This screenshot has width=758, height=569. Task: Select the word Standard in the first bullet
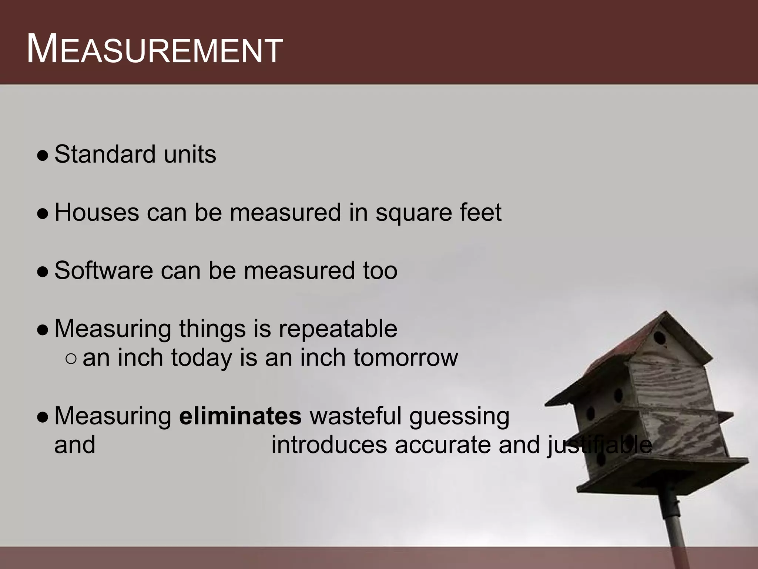pyautogui.click(x=105, y=154)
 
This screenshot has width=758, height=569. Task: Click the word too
pyautogui.click(x=380, y=271)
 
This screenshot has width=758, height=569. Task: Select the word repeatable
pyautogui.click(x=338, y=329)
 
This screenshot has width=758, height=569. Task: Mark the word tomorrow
pyautogui.click(x=406, y=358)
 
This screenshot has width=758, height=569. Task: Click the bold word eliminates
pyautogui.click(x=240, y=416)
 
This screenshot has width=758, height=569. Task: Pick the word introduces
pyautogui.click(x=329, y=445)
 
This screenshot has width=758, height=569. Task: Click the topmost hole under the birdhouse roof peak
pyautogui.click(x=659, y=338)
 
